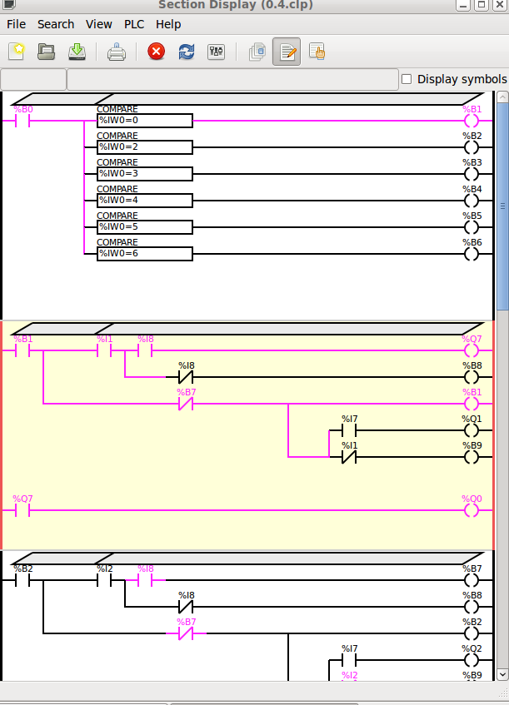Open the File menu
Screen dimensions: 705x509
16,24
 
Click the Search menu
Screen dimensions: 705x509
56,24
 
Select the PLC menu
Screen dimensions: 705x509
134,24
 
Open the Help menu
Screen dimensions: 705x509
168,24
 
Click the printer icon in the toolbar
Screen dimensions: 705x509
117,52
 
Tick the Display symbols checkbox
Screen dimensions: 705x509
407,79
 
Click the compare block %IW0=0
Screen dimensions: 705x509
144,121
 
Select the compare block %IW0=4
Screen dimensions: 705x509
144,201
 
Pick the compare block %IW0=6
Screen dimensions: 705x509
144,254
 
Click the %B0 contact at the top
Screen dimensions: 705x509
23,121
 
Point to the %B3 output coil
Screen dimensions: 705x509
472,174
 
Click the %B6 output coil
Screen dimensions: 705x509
472,254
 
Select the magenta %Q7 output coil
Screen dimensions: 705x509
472,351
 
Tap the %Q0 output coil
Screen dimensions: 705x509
472,510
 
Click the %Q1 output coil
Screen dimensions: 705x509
472,431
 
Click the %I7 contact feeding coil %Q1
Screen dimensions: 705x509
349,431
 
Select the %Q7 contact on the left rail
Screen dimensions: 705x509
23,510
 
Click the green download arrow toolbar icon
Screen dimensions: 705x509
77,52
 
